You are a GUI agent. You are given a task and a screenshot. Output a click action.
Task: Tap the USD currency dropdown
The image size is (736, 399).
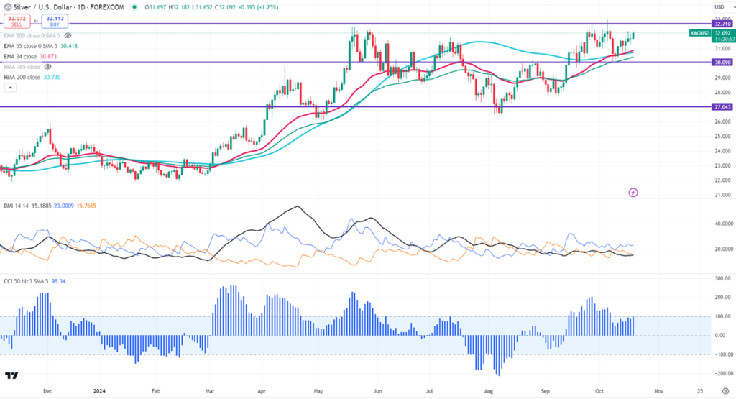click(x=719, y=6)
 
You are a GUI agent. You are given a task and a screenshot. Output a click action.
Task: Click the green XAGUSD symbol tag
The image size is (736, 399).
click(x=699, y=33)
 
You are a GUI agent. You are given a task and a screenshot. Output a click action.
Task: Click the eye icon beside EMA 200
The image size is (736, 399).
click(x=68, y=35)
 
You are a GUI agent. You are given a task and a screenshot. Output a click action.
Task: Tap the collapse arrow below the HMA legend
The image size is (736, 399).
click(x=10, y=88)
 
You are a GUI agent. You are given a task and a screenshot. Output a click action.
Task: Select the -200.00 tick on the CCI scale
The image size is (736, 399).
click(x=719, y=374)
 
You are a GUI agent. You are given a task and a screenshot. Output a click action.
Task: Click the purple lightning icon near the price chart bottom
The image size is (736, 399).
click(x=632, y=193)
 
